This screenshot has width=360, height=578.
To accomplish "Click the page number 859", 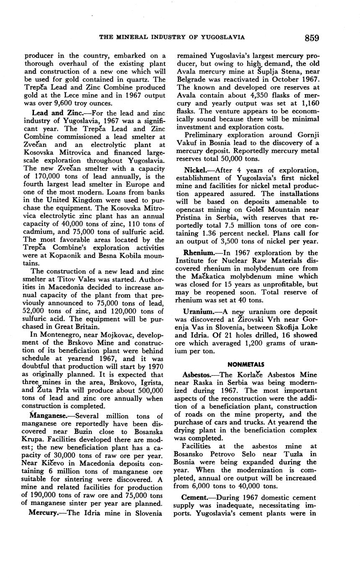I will click(312, 38).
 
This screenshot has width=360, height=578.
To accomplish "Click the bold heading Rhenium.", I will click(199, 253).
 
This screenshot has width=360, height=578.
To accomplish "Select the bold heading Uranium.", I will click(198, 312).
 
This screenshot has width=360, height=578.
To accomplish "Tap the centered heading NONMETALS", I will click(245, 365).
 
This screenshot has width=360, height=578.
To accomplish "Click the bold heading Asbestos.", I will click(199, 374).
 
